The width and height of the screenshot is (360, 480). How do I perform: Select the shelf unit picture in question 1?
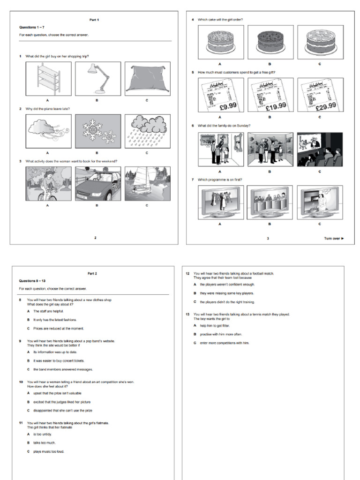coord(47,78)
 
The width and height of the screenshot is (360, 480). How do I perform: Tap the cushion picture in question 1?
coord(147,78)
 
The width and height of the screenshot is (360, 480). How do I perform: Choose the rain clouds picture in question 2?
coord(147,131)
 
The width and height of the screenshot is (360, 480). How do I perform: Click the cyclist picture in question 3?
coord(47,184)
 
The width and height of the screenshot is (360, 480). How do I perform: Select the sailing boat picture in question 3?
coord(147,184)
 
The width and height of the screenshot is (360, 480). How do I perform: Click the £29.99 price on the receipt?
coord(326,106)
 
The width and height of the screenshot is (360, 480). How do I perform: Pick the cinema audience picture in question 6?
coord(320,149)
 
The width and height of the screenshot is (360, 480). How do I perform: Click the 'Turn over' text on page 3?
coord(334,238)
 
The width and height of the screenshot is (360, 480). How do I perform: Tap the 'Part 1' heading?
coord(94,20)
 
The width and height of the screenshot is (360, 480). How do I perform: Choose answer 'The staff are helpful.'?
coord(48,311)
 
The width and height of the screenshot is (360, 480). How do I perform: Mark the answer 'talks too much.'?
coord(45,442)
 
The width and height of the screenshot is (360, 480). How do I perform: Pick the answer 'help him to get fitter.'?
coord(215,325)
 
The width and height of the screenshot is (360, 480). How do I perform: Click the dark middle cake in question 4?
coord(270,42)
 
